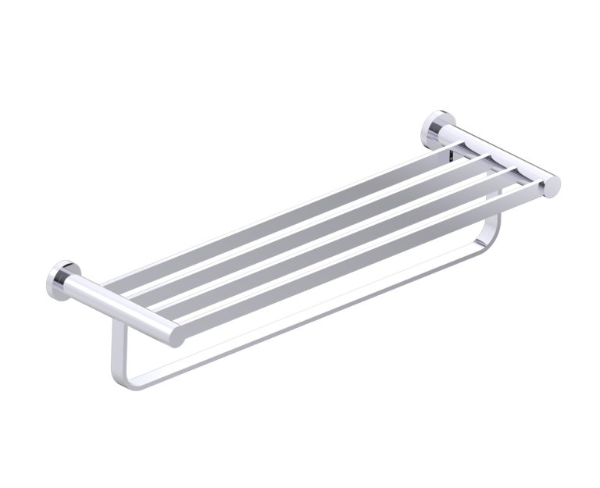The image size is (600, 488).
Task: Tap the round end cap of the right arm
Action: (552, 186)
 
